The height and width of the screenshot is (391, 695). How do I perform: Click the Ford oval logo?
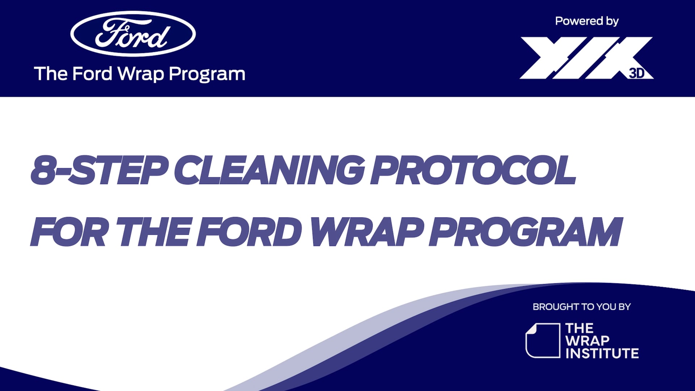pos(133,34)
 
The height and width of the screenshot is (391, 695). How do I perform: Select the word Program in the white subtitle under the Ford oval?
pos(207,74)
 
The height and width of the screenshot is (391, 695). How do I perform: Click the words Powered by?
pos(587,21)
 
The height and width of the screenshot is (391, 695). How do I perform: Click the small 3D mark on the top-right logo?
pos(637,73)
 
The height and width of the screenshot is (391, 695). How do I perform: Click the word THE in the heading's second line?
pos(154,232)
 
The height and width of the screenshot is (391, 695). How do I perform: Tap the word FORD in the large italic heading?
pos(250,232)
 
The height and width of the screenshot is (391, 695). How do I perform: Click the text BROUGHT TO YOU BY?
pos(581,307)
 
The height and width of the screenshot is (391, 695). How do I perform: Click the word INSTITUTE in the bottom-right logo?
pos(602,353)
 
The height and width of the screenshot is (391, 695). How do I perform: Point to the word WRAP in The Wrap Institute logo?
pos(587,341)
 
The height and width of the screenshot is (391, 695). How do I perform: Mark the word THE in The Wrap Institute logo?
pos(579,328)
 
